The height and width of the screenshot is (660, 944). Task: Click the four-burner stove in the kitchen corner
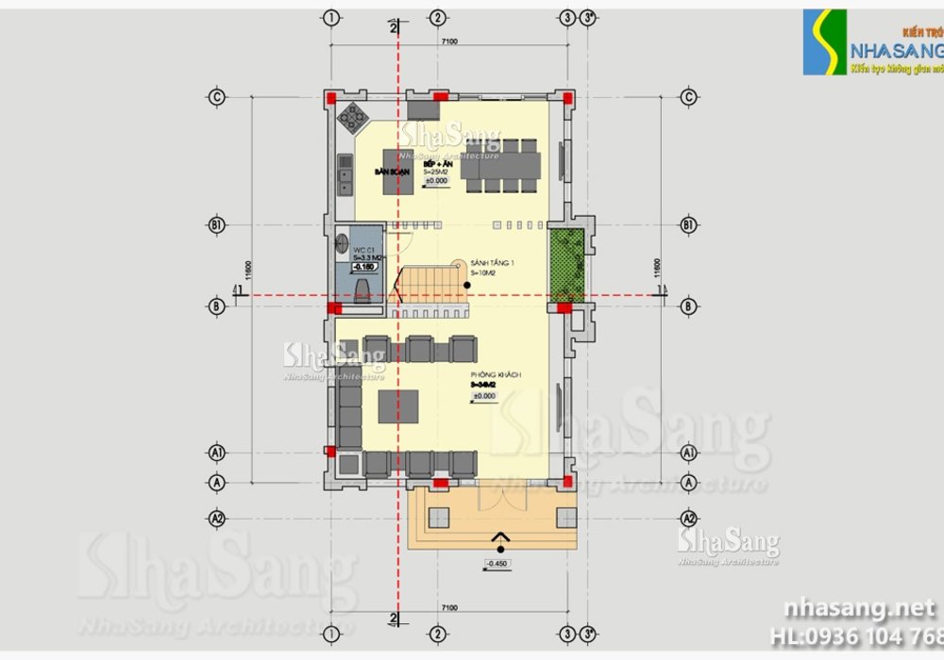pos(354,117)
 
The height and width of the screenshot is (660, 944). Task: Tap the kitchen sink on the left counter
pos(346,174)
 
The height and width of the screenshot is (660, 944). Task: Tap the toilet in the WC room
pos(362,286)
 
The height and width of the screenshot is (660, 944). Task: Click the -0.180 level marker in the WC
pos(364,267)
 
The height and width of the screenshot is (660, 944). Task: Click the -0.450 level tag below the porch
pos(497,564)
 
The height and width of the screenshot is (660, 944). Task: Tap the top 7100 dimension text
pos(448,41)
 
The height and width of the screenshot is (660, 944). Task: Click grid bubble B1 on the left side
pos(216,224)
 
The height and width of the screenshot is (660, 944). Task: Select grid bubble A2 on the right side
pos(689,519)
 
